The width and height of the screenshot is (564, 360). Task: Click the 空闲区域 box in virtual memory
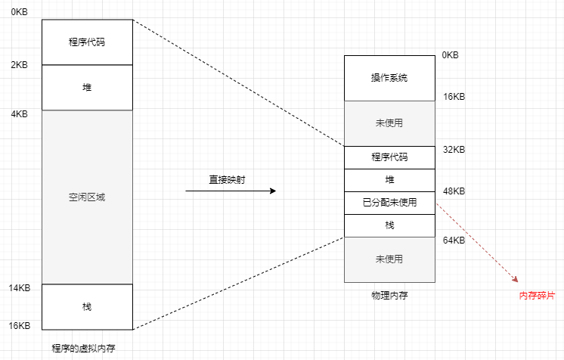(87, 197)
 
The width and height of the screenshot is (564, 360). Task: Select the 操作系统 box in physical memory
(389, 78)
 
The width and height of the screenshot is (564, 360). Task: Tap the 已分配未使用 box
(389, 203)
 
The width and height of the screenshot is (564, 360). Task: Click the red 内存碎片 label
(536, 295)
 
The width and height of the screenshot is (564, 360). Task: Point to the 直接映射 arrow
(231, 191)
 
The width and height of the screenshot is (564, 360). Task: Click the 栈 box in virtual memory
(87, 306)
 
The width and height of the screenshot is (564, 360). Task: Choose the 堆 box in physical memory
(389, 180)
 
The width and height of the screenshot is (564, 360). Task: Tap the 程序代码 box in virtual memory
(87, 42)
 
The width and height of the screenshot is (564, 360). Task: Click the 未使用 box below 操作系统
(389, 123)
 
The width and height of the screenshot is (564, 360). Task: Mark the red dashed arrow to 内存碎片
(476, 242)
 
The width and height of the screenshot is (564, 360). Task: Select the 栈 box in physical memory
(389, 225)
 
